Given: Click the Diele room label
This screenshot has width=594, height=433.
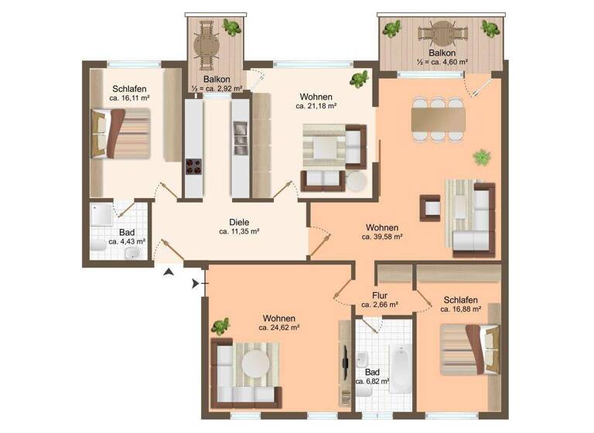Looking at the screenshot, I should [238, 219].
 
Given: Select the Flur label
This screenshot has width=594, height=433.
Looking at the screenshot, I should [379, 295].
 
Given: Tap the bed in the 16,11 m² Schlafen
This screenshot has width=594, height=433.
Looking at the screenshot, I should [120, 133].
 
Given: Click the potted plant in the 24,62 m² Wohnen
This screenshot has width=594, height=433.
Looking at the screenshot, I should [220, 326].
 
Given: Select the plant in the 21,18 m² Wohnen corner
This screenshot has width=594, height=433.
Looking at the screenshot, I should [359, 79].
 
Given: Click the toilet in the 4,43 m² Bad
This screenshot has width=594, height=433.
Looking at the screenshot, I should [96, 247].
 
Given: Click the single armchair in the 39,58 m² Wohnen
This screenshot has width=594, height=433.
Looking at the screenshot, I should [430, 206].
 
